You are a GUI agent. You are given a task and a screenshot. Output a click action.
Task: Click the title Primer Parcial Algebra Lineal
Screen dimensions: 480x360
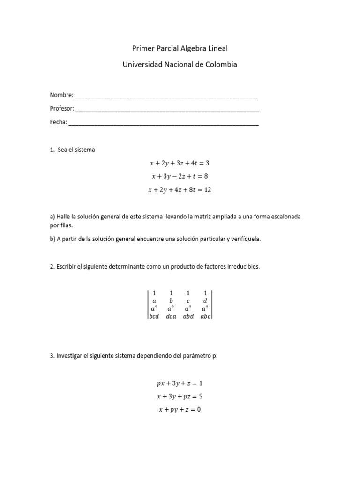click(x=180, y=48)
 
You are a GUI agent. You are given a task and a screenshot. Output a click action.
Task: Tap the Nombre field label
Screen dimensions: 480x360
click(x=61, y=95)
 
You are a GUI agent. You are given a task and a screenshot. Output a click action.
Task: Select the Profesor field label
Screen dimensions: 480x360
click(x=62, y=109)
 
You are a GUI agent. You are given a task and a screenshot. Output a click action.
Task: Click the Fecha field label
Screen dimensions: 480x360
click(x=58, y=122)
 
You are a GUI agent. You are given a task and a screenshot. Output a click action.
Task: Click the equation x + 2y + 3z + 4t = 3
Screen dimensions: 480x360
click(x=180, y=164)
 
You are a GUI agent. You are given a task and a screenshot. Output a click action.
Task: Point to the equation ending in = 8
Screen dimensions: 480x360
click(x=180, y=177)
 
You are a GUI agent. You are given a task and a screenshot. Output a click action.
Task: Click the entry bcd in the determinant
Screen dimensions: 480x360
click(x=154, y=316)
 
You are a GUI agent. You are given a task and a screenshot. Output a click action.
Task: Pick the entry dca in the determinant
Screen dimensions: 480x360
click(x=171, y=316)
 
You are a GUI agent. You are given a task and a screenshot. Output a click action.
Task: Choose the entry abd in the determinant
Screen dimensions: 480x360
click(x=188, y=316)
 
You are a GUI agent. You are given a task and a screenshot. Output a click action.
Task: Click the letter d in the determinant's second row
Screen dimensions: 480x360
click(x=205, y=300)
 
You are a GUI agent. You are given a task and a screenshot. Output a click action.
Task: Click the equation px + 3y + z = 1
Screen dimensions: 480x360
click(x=180, y=383)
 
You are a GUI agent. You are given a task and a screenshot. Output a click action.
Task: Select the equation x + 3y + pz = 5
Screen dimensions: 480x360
click(x=180, y=396)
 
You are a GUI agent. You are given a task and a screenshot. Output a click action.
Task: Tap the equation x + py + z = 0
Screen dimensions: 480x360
click(x=180, y=409)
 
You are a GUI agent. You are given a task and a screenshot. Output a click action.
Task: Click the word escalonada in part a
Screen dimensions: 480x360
click(x=286, y=217)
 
